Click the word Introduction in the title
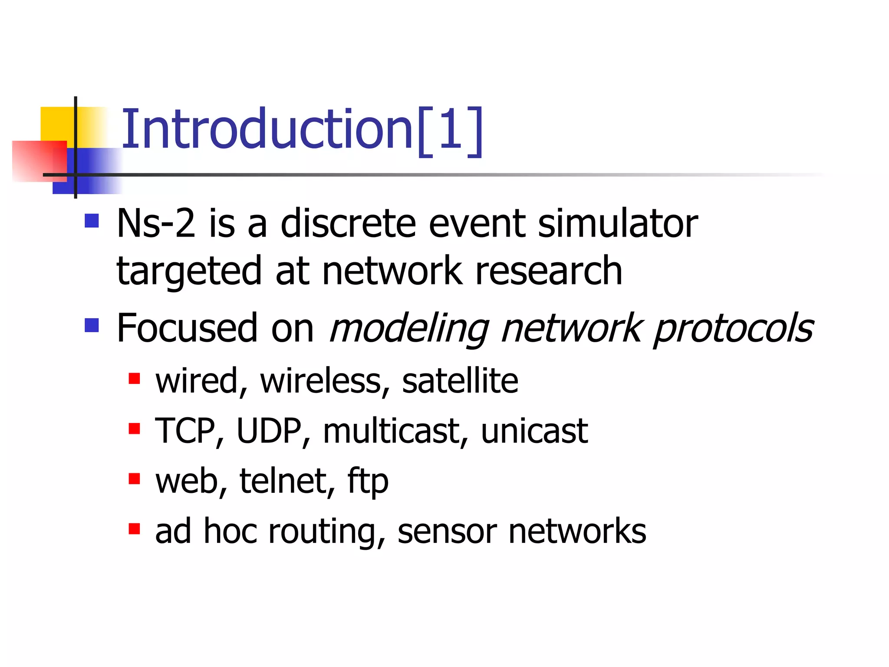[267, 129]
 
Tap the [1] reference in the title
[450, 130]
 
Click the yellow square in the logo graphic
[57, 123]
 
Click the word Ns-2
[156, 224]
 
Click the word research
[549, 271]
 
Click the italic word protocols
[733, 329]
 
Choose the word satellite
[460, 381]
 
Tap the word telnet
[287, 481]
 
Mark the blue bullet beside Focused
[92, 325]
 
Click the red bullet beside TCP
[134, 429]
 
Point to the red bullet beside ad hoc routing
[134, 528]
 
